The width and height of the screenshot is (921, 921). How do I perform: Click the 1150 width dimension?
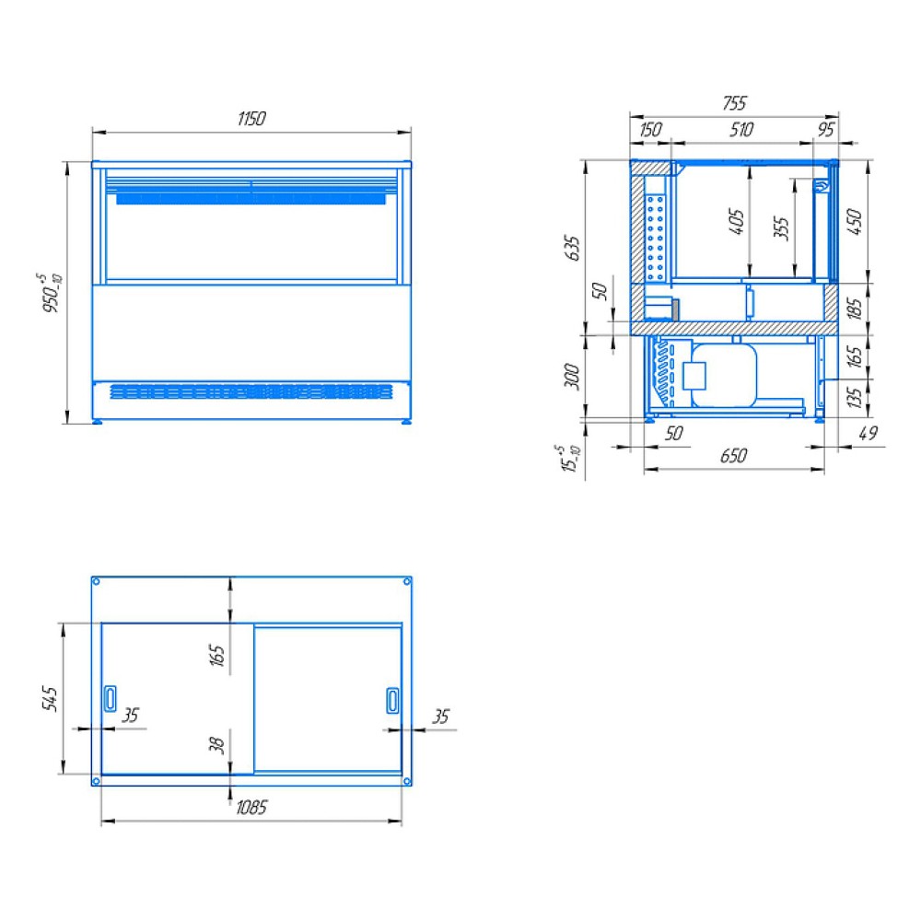[x=251, y=119]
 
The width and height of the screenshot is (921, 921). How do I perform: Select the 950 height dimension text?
[x=51, y=293]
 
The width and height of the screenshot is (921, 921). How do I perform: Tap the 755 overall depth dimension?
[x=734, y=103]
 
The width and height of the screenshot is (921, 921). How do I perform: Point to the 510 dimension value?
[x=741, y=129]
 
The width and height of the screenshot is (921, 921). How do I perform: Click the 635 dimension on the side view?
[x=572, y=248]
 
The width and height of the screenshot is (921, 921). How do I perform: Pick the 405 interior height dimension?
[x=736, y=221]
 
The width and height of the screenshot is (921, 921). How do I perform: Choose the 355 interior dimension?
[x=781, y=228]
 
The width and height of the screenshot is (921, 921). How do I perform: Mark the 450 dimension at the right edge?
[x=855, y=221]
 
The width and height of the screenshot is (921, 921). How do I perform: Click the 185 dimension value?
[x=855, y=309]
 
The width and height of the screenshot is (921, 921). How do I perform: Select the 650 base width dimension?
[x=734, y=456]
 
